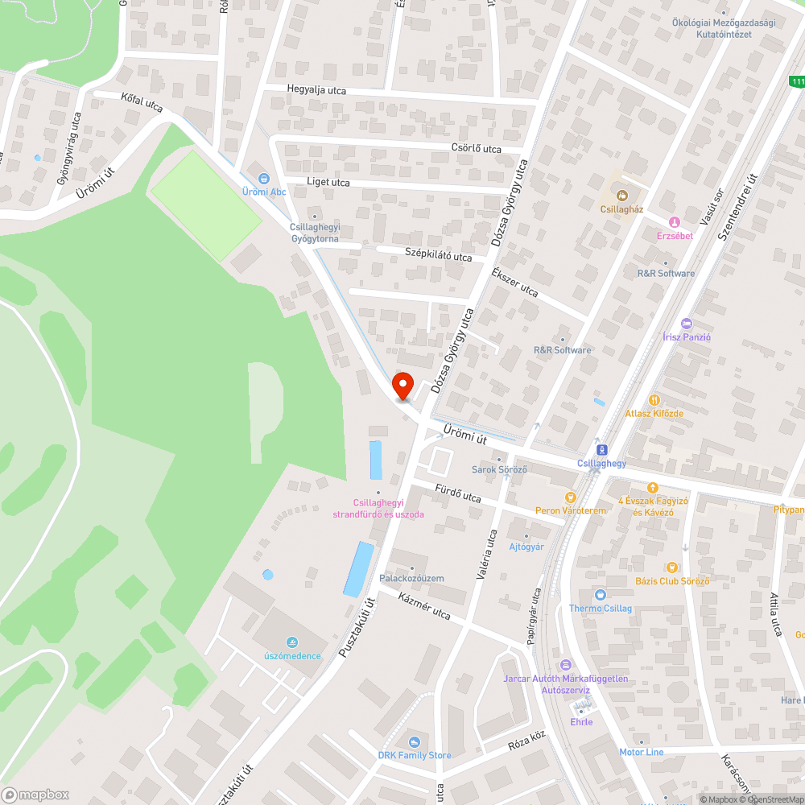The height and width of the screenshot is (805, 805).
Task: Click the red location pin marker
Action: click(x=402, y=386)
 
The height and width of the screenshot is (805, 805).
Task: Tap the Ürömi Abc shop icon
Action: click(x=263, y=179)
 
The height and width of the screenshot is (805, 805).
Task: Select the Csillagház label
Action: click(x=621, y=208)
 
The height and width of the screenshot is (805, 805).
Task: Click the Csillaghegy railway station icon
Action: click(x=601, y=450)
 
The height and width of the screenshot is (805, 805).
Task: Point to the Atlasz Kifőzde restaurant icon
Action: click(x=654, y=399)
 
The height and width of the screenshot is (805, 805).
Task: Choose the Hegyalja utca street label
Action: click(x=316, y=90)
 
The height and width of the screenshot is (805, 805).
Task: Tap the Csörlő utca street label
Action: click(x=476, y=149)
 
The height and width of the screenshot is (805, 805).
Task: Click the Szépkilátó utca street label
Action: click(x=438, y=256)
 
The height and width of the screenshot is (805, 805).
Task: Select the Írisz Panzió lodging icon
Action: click(x=686, y=324)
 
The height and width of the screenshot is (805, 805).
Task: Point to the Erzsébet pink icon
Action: click(x=675, y=221)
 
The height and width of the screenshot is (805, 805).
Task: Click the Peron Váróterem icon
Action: click(x=571, y=497)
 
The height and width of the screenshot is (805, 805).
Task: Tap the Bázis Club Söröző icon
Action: click(x=671, y=568)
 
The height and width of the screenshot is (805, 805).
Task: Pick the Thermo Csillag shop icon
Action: click(x=600, y=595)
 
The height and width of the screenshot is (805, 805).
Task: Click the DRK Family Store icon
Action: click(x=414, y=741)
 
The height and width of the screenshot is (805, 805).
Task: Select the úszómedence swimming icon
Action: click(x=293, y=642)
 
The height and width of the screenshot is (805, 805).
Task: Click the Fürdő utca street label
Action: click(x=457, y=493)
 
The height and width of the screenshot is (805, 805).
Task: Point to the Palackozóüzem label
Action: click(x=411, y=578)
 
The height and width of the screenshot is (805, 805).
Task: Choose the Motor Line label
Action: click(x=641, y=752)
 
